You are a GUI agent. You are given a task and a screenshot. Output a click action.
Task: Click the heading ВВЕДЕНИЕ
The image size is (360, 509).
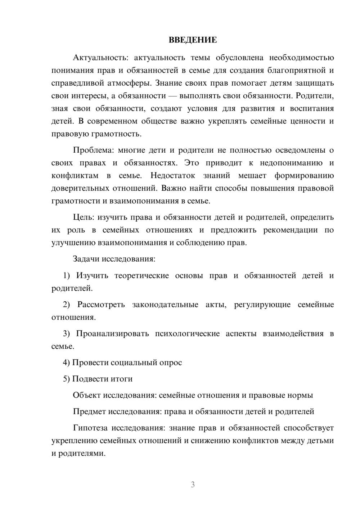(193, 40)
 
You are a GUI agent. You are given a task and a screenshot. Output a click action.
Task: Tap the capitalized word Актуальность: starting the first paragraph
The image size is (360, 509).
(95, 58)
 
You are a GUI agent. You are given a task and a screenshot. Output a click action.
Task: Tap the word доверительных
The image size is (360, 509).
(79, 188)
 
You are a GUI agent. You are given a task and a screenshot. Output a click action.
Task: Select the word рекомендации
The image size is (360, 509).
(291, 230)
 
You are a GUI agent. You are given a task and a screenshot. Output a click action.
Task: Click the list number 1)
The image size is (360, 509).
(67, 275)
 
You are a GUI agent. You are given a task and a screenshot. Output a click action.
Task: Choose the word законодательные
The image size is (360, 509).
(165, 305)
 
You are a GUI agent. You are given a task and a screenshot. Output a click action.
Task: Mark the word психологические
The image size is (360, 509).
(187, 334)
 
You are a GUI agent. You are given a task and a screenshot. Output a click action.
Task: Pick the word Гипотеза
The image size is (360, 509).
(90, 428)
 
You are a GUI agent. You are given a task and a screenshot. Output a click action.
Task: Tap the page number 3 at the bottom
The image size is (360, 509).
(193, 485)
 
